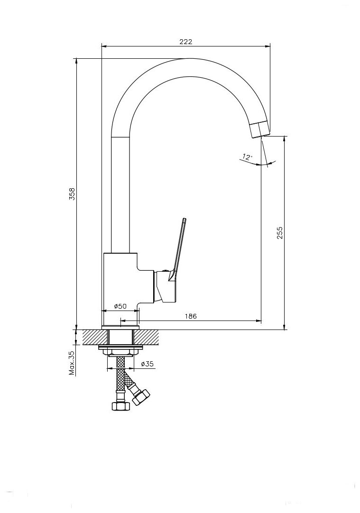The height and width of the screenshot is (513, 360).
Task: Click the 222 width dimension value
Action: point(185,41)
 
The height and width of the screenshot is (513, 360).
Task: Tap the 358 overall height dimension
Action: point(72,194)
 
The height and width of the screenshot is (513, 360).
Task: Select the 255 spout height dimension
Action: point(280,232)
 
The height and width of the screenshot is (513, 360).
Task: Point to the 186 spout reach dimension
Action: point(191,316)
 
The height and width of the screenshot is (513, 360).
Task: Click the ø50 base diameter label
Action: point(120,306)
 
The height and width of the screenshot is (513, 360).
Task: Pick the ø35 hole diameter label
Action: point(148,364)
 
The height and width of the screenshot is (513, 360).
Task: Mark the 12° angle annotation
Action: point(247,156)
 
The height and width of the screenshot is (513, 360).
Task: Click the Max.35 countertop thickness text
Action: point(72,363)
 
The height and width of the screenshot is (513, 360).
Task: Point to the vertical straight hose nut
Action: point(120,405)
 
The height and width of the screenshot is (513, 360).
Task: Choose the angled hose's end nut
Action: point(141,397)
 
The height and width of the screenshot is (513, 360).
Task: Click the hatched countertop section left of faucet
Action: point(95,337)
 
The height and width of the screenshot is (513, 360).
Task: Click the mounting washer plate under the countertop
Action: point(120,348)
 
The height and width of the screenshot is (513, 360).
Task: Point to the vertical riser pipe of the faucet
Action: point(120,194)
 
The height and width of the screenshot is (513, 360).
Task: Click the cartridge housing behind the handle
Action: point(160,287)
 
